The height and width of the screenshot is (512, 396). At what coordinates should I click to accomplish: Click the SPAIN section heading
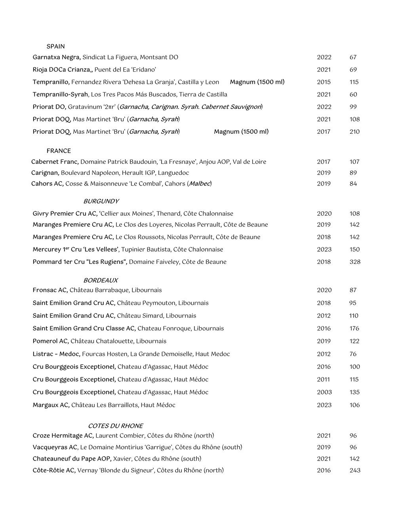[55, 46]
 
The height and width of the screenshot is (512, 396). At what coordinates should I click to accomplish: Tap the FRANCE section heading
[59, 151]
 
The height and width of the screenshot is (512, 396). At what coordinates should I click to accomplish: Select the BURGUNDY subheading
[101, 201]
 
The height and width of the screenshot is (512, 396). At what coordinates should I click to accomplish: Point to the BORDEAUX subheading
[101, 280]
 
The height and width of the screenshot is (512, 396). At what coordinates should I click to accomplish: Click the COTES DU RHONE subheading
[115, 426]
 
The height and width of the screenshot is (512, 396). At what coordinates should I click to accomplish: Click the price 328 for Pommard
[355, 262]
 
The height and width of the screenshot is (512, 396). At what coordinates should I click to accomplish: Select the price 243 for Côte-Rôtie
[355, 470]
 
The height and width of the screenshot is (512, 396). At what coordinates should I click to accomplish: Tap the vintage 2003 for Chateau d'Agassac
[324, 392]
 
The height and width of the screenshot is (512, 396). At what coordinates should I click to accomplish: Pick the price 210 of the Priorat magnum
[354, 132]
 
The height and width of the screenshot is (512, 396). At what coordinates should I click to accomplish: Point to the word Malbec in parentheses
[199, 184]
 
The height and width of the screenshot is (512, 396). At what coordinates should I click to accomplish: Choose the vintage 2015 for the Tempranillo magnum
[324, 82]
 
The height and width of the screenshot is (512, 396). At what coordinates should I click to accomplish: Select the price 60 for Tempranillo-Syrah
[353, 95]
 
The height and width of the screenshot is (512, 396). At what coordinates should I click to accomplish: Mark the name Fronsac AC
[50, 290]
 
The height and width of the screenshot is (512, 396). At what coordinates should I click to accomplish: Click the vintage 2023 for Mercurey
[324, 250]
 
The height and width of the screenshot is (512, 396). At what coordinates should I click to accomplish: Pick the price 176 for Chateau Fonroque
[354, 328]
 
